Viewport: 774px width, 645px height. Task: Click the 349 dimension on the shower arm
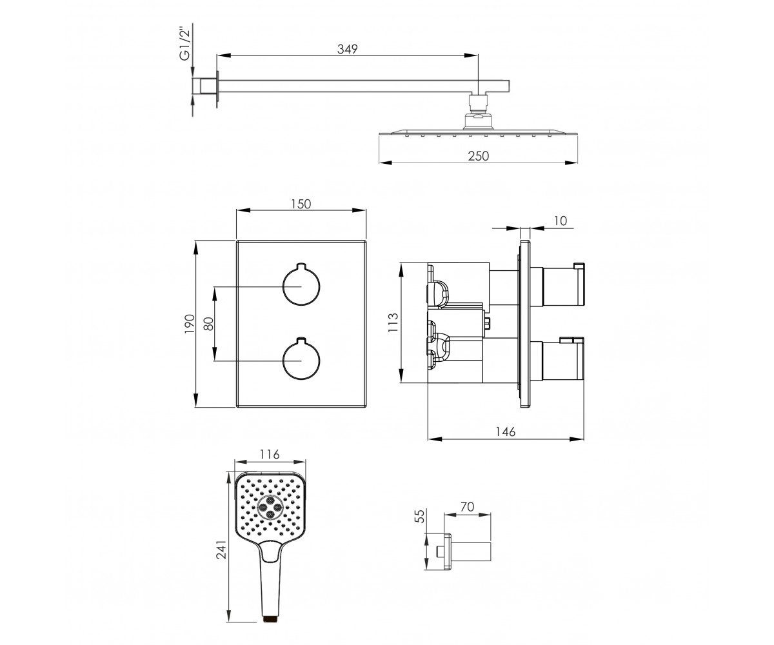pyautogui.click(x=348, y=49)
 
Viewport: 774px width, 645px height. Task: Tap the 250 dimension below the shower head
pyautogui.click(x=478, y=156)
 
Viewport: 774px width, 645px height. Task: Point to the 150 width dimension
pyautogui.click(x=301, y=204)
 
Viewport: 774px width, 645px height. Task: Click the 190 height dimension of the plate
pyautogui.click(x=190, y=324)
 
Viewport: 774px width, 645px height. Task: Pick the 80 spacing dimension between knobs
pyautogui.click(x=209, y=324)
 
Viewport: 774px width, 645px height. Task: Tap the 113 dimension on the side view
pyautogui.click(x=393, y=322)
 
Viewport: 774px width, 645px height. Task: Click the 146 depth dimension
pyautogui.click(x=506, y=432)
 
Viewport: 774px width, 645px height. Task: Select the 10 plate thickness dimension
pyautogui.click(x=561, y=221)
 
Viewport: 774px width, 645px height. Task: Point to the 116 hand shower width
pyautogui.click(x=270, y=455)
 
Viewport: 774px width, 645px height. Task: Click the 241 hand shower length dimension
pyautogui.click(x=221, y=550)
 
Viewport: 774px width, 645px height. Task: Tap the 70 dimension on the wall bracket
pyautogui.click(x=468, y=507)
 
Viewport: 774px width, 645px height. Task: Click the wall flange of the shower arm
pyautogui.click(x=217, y=89)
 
